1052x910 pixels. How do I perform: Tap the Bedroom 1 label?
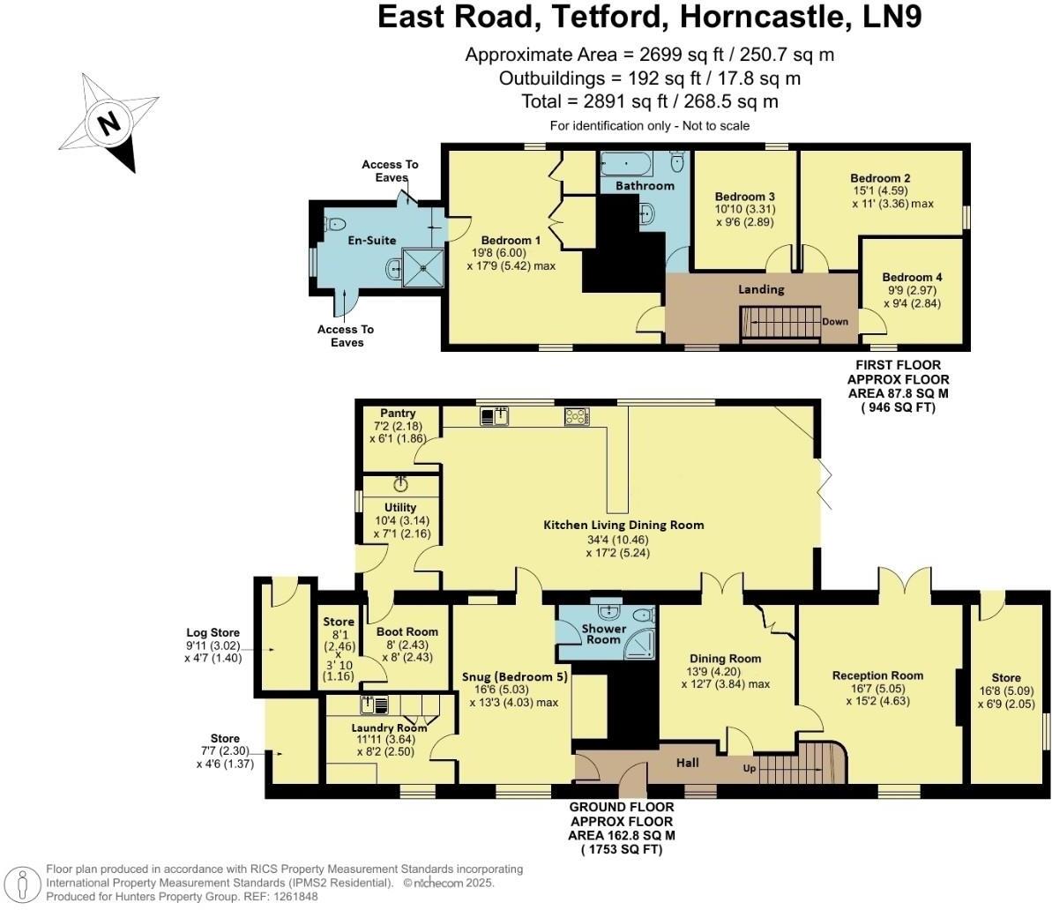point(511,240)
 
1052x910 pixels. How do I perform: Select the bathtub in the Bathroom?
point(627,163)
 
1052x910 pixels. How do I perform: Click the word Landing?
point(760,288)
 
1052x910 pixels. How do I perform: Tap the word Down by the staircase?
point(834,321)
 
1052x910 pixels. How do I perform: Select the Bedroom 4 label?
point(912,277)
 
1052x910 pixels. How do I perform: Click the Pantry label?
point(398,413)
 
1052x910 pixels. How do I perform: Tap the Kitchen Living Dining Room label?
point(623,525)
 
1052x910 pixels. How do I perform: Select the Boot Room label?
point(407,631)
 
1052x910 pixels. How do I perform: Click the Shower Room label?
point(603,634)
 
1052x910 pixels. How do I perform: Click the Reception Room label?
point(877,675)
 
